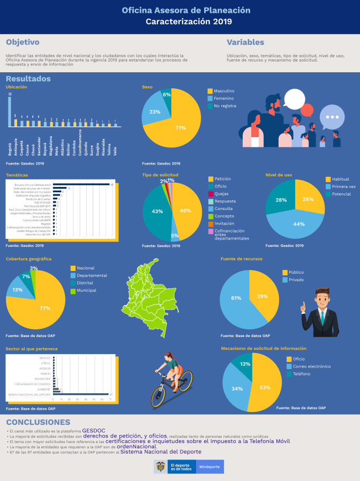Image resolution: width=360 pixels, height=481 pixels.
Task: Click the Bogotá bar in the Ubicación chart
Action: pyautogui.click(x=10, y=111)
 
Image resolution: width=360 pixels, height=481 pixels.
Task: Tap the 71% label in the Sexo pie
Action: pyautogui.click(x=181, y=128)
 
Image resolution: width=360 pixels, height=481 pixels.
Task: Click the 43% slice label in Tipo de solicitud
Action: pyautogui.click(x=157, y=212)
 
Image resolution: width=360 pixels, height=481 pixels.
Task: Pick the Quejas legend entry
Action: pyautogui.click(x=222, y=193)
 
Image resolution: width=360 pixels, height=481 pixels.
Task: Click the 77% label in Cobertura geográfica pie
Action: pyautogui.click(x=45, y=308)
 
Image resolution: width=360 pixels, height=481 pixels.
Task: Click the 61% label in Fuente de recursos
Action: pyautogui.click(x=236, y=298)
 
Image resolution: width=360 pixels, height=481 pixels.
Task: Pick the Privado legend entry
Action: pyautogui.click(x=296, y=280)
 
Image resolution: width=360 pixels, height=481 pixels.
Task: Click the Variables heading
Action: pyautogui.click(x=245, y=42)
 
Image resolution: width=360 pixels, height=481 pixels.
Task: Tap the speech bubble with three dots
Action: pyautogui.click(x=333, y=117)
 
